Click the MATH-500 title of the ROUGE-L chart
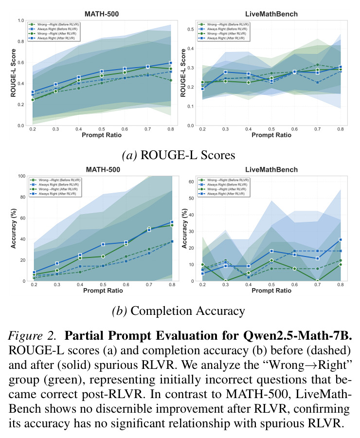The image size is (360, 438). point(102,14)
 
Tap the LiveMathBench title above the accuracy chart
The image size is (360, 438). point(271,169)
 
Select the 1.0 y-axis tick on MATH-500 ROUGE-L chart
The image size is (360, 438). point(20,20)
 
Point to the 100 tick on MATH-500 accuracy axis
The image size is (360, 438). point(22,176)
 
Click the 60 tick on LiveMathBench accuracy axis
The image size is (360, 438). point(191,182)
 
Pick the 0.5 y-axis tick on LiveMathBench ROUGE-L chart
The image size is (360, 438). point(191,29)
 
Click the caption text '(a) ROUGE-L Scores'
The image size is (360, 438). point(179,155)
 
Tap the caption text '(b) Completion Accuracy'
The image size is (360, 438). point(179,310)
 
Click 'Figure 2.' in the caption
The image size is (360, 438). point(32,335)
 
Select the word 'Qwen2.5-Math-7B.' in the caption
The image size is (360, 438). point(297,335)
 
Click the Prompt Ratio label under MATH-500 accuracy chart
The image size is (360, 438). point(103,291)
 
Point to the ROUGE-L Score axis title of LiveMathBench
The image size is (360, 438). point(183,73)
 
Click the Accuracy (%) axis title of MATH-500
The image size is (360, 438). point(14,229)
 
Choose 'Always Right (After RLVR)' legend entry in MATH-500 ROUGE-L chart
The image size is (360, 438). point(53,38)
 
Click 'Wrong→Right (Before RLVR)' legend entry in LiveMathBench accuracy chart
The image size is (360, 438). point(224,180)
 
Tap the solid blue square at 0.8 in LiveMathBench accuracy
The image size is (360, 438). point(341,239)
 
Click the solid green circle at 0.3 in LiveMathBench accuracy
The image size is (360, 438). point(225,281)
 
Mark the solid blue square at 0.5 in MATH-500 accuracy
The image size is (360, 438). point(103,244)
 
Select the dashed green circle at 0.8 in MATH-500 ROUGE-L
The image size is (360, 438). point(171,80)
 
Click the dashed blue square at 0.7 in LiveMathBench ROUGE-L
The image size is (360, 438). point(318,82)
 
